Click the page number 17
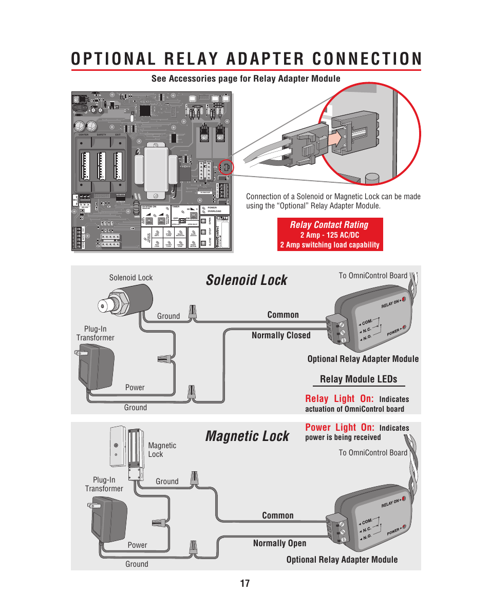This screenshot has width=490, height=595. coord(244,583)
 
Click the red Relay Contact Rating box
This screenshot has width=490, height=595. coord(329,234)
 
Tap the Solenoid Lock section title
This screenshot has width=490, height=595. coord(247,280)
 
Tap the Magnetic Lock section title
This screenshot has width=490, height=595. coord(247,436)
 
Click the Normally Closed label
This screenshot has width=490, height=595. coord(281,335)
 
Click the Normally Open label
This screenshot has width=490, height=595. coord(279,543)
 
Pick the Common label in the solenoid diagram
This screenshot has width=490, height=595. coord(283,315)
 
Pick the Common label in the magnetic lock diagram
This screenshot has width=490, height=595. coord(278,515)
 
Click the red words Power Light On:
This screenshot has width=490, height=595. coord(340,428)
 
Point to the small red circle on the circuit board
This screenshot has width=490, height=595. coord(226,167)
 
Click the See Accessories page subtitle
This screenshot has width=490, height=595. coord(246,79)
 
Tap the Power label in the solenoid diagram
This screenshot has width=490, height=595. coord(135,388)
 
